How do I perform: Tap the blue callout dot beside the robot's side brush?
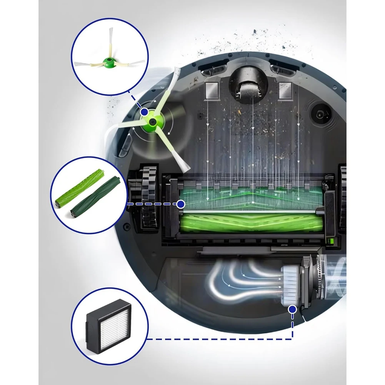144,112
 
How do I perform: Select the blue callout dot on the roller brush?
181,204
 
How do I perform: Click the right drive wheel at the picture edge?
342,198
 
